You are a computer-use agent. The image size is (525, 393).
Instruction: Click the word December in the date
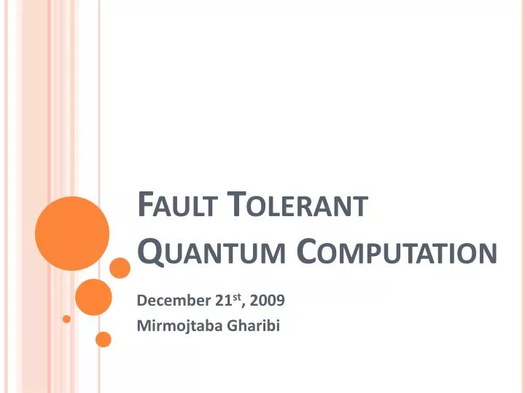(x=167, y=300)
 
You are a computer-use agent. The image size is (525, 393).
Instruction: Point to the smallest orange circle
(x=66, y=319)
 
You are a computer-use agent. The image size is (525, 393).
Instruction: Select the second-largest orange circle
(x=93, y=297)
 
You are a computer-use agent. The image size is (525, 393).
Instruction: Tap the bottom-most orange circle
(x=104, y=339)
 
